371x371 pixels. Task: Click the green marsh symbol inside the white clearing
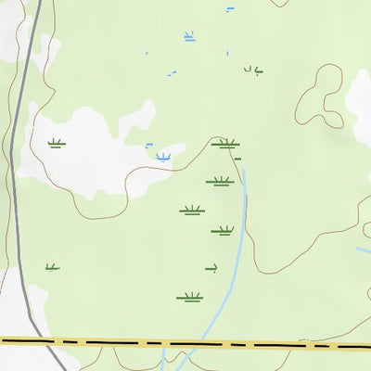[57, 144]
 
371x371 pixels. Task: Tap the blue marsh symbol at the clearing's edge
[164, 157]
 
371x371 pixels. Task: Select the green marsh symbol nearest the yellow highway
[189, 298]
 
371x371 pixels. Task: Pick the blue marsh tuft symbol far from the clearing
[189, 37]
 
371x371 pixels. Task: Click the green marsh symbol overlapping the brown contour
[225, 144]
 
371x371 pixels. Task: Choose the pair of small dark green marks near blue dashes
[252, 69]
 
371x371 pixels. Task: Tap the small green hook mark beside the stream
[211, 269]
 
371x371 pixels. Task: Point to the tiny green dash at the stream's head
[238, 160]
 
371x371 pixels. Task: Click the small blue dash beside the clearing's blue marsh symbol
[148, 145]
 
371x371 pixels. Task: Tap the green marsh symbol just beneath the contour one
[219, 181]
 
